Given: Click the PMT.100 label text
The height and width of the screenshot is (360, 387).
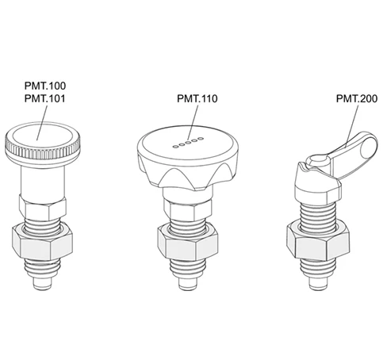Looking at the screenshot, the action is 45,86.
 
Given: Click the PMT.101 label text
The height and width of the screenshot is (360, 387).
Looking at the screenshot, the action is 45,98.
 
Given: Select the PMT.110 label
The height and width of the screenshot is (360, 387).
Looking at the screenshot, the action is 197,98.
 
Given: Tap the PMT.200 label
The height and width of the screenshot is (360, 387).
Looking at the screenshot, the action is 357,98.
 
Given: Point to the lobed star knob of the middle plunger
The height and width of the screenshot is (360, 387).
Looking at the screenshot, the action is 188,158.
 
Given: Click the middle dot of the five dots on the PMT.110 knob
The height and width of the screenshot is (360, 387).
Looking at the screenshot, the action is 188,143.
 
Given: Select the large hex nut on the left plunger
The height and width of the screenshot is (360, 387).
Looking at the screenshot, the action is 42,241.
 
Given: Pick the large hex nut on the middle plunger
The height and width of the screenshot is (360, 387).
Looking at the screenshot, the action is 188,241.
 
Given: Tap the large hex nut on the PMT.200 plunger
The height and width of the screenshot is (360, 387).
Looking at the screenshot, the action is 318,241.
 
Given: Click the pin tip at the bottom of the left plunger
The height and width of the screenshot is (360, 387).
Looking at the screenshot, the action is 42,284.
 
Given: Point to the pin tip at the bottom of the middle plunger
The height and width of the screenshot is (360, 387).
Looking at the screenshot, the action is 188,284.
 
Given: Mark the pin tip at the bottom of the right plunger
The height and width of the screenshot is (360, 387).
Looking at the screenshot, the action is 318,284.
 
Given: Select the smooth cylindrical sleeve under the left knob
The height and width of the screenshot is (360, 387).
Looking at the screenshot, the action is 43,182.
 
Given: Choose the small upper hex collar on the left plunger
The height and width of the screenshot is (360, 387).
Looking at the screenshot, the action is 42,208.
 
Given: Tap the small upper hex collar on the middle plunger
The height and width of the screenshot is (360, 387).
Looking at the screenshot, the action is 188,210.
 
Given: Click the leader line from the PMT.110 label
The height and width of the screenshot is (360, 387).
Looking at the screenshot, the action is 193,123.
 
